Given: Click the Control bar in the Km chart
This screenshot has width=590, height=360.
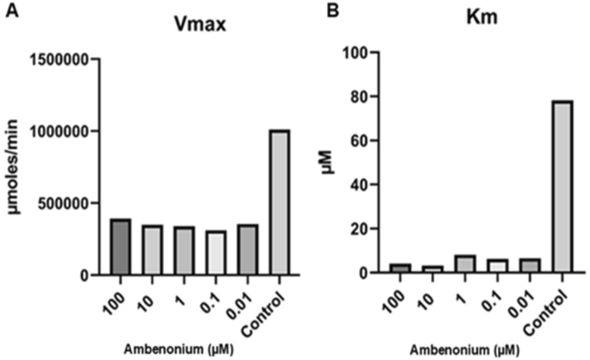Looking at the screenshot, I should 562,187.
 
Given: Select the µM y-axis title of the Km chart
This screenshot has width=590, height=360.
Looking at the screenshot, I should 328,163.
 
